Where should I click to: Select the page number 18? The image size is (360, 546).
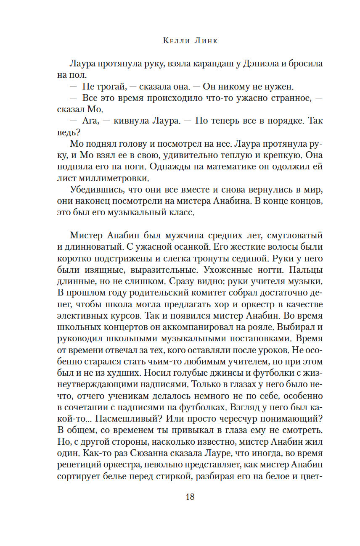tap(190, 497)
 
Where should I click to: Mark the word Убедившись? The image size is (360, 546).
tap(91, 190)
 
